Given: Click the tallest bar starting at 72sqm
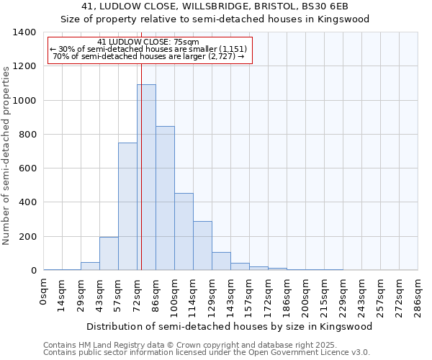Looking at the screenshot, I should (x=146, y=177).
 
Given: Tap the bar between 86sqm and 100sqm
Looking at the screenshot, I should (x=165, y=198).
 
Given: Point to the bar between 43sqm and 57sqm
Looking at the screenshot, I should (x=109, y=253).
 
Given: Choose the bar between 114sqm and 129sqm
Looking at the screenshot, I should (x=202, y=246).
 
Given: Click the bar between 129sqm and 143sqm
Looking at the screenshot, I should (x=221, y=261).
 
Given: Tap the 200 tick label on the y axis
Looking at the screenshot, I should (x=27, y=237).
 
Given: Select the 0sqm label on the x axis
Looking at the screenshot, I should (x=44, y=291).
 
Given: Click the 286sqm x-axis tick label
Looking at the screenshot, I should (x=418, y=295).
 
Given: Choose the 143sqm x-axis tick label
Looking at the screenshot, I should (x=230, y=295).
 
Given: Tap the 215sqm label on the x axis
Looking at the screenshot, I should (x=324, y=295).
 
